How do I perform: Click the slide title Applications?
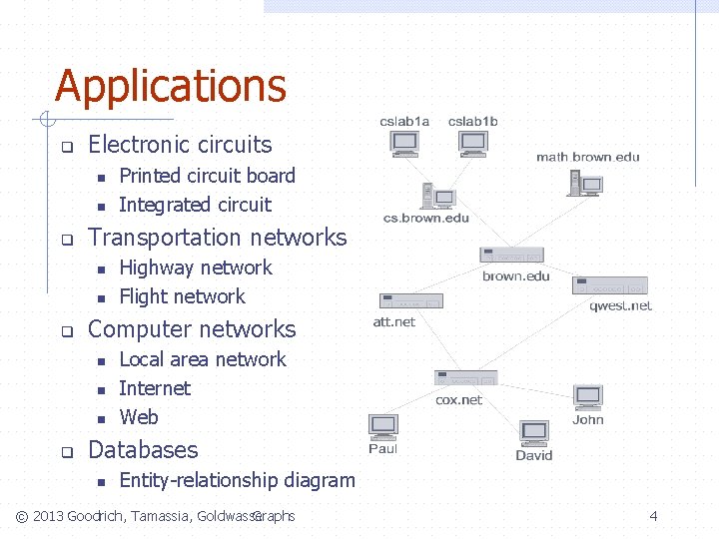coord(171,86)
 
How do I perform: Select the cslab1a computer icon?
coord(404,145)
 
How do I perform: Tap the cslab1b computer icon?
coord(472,145)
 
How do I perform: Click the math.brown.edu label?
coord(587,157)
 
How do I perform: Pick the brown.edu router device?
coord(511,255)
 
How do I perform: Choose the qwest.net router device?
coord(609,285)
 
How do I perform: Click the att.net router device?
coord(409,300)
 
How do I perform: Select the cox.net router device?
coord(465,378)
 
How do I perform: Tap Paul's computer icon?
coord(383,426)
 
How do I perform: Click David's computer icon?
coord(534,433)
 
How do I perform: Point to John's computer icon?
coord(587,396)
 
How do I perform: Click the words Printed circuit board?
coord(207,176)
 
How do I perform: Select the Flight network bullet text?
coord(182,296)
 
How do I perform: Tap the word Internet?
coord(154,388)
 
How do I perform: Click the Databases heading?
coord(143,450)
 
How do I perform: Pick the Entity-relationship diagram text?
coord(237,480)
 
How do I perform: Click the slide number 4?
coord(653,516)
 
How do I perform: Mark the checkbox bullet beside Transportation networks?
coord(67,240)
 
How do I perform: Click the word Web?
coord(138,417)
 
